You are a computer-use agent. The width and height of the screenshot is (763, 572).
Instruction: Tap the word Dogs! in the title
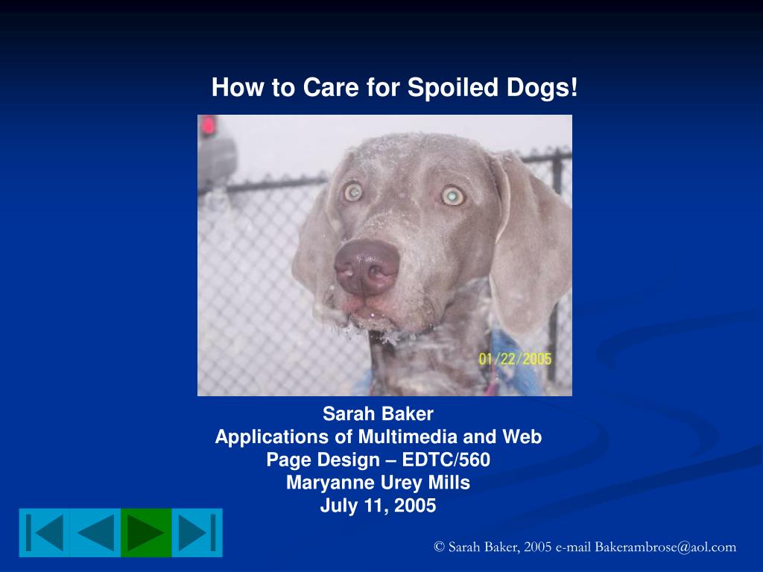coord(541,88)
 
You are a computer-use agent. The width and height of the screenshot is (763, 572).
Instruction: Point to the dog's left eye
coord(452,195)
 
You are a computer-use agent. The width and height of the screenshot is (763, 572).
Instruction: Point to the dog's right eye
coord(352,192)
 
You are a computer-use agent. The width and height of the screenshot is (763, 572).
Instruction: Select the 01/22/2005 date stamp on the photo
coord(515,359)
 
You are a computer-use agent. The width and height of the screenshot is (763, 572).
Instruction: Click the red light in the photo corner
coord(207,125)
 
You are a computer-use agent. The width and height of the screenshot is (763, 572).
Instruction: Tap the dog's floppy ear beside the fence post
coord(530,238)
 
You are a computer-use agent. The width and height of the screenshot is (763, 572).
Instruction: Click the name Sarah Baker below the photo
coord(378,413)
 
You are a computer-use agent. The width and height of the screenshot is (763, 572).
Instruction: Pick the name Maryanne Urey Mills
coord(378,483)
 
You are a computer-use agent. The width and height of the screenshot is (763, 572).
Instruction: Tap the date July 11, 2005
coord(378,506)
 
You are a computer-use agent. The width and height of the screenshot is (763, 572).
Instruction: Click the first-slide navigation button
coord(44,533)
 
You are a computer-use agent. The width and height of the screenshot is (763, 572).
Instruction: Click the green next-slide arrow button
coord(145,533)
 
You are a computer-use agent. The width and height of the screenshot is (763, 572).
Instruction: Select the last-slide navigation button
coord(197,533)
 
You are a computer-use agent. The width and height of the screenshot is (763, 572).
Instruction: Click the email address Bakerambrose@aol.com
coord(665,547)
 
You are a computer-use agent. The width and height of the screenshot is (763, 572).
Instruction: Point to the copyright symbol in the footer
coord(439,547)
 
